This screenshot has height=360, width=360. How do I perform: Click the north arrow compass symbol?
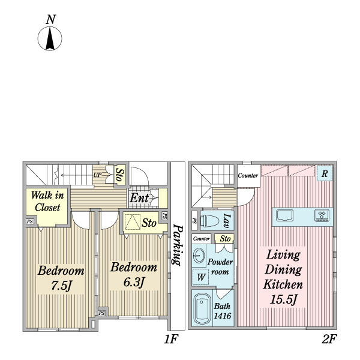pos(50,38)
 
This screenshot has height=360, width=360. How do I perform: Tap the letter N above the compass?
pos(51,20)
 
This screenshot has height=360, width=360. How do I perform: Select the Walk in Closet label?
pos(47,202)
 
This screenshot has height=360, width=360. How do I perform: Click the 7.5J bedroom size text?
pos(62,286)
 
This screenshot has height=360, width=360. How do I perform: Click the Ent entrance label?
pos(139,197)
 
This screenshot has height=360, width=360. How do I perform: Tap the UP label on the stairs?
pos(97,175)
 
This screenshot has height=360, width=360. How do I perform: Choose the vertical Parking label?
pos(178,245)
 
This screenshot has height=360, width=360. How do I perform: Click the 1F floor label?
pos(171,339)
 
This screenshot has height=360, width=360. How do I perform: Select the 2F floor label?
pos(329,339)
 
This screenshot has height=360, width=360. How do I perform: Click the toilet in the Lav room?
pos(209,221)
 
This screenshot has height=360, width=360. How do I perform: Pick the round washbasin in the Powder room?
pos(199,256)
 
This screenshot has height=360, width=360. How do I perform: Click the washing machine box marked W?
pos(200,277)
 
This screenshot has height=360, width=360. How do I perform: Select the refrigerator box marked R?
pos(325,174)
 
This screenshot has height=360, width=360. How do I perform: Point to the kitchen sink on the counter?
pos(284,215)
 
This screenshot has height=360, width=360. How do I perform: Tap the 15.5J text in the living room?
pos(284,299)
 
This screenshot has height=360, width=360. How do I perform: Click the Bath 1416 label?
pos(222,311)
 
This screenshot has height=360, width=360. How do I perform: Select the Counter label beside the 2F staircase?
pos(248,175)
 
